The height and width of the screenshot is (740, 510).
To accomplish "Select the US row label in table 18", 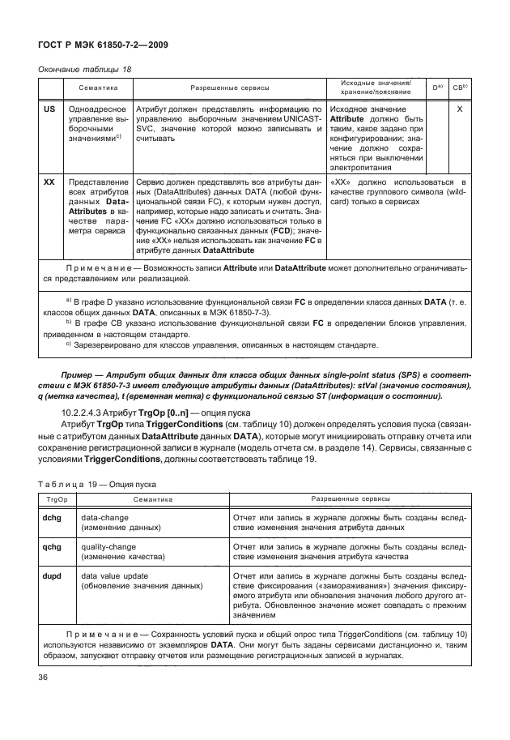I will (49, 108).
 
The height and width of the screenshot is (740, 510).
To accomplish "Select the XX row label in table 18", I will (49, 182).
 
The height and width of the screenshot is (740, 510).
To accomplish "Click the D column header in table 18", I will (436, 86).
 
